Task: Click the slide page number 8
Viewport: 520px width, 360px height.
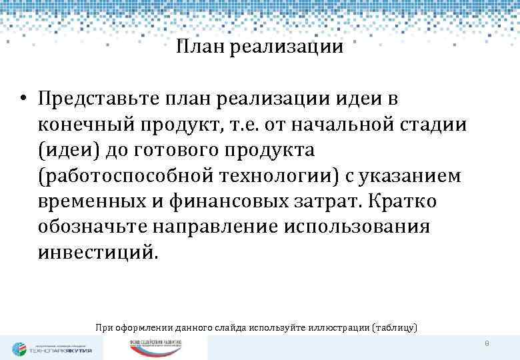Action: [x=487, y=343]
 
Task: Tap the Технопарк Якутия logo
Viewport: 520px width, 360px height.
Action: [x=52, y=348]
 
